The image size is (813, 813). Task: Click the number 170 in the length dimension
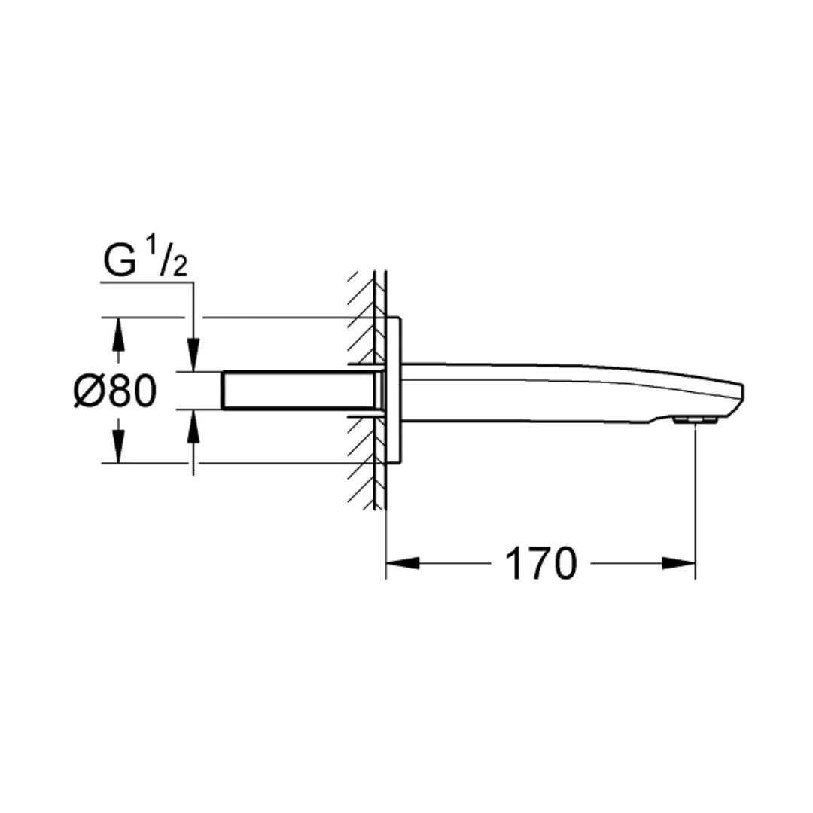point(540,564)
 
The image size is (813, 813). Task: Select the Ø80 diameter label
point(114,391)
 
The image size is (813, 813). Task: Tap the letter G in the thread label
point(118,261)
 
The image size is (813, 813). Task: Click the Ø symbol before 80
point(89,391)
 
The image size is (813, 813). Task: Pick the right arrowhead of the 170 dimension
point(678,563)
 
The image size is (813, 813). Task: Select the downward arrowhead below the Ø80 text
point(117,449)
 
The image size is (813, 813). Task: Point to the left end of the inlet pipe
point(224,391)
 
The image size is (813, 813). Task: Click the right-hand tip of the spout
point(741,392)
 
